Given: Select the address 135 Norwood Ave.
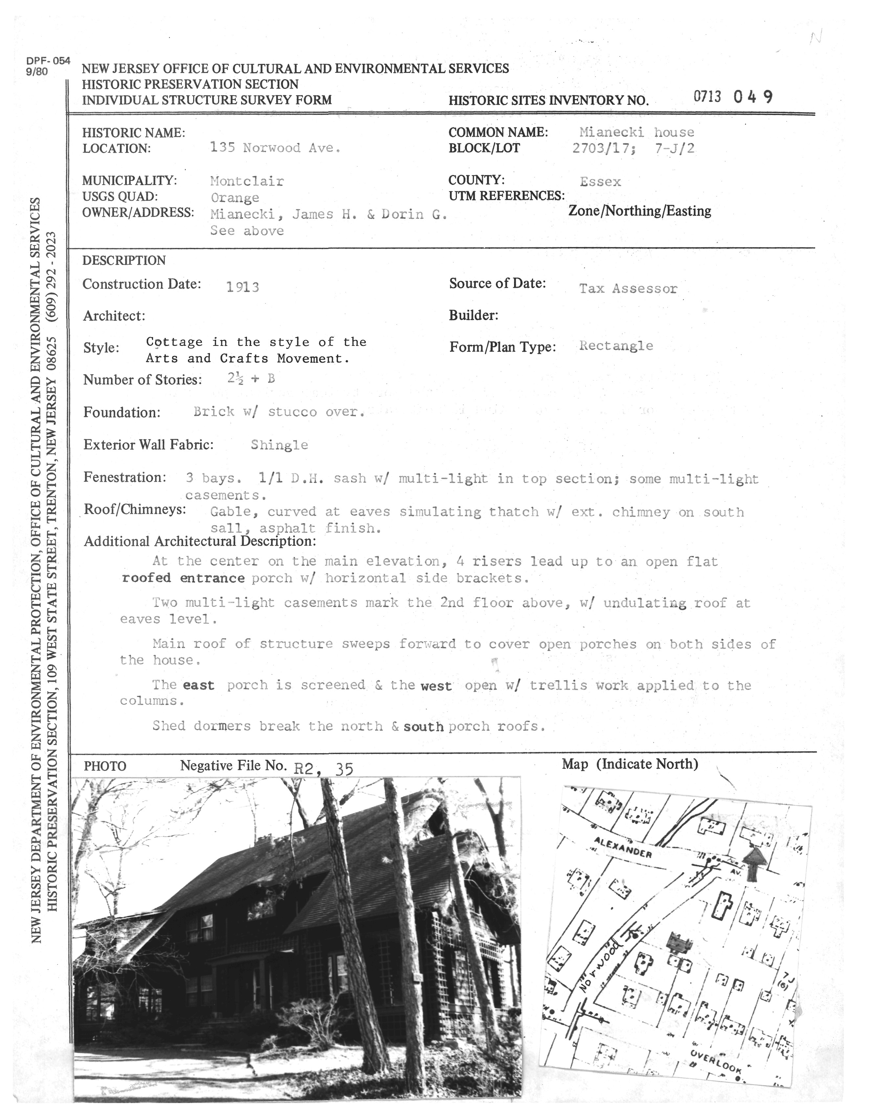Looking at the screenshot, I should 275,148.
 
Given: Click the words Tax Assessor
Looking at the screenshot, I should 628,289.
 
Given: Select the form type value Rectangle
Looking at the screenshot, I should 616,346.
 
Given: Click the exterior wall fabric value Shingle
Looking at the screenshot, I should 279,445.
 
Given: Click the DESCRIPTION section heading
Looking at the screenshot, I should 124,261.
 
